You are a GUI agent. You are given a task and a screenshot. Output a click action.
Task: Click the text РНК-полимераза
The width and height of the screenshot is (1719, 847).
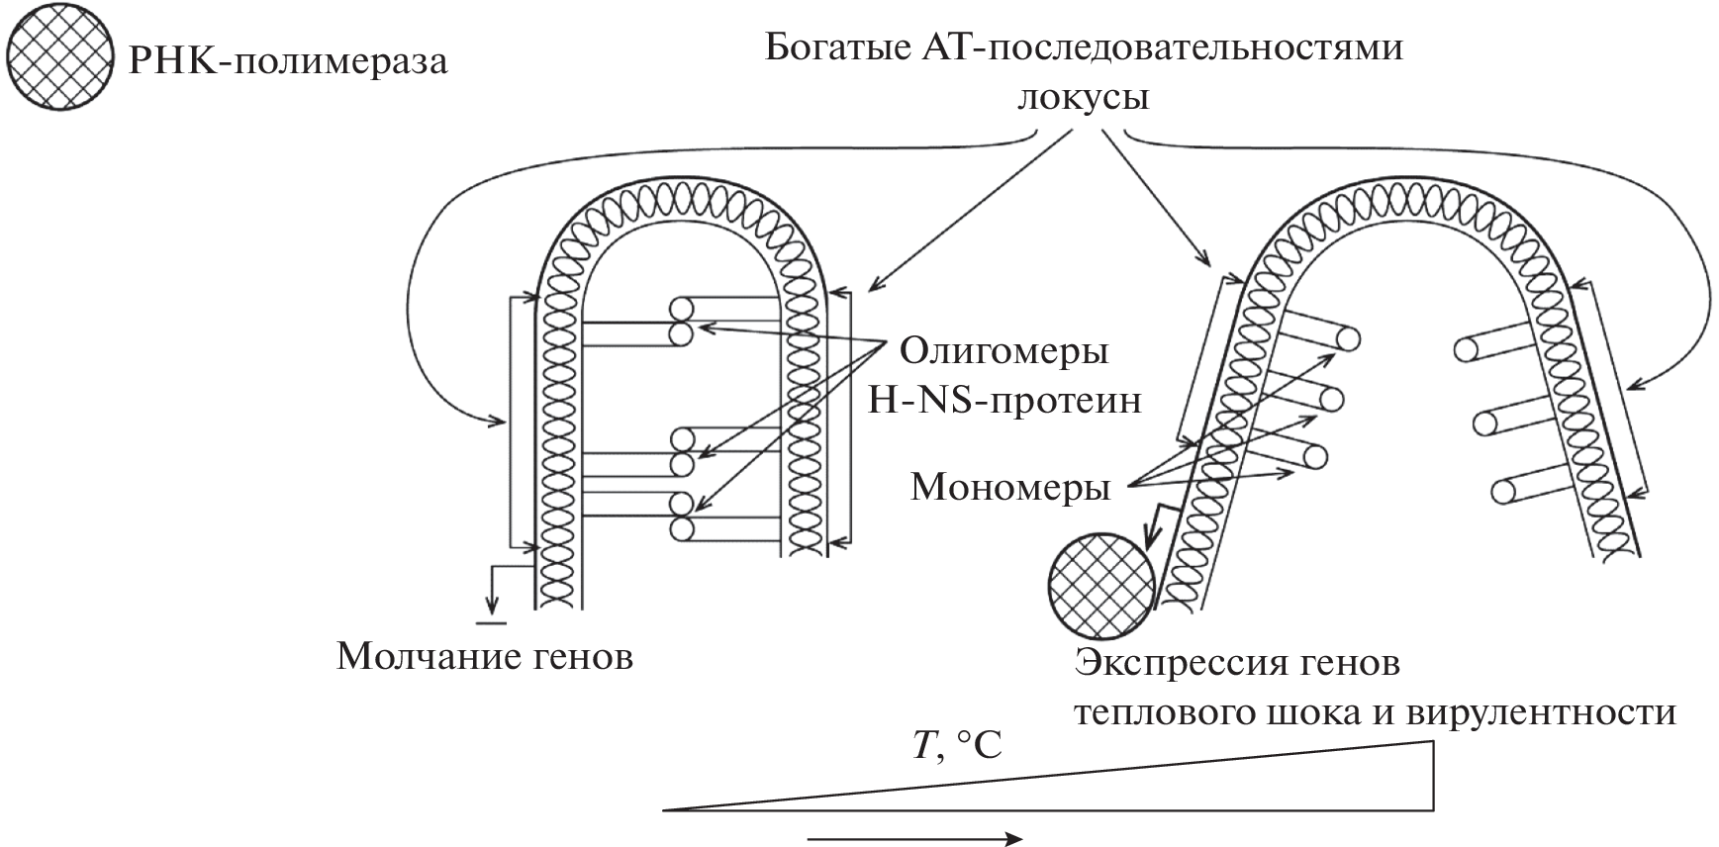(289, 62)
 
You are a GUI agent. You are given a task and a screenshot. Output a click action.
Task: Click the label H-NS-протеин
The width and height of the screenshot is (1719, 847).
(1003, 401)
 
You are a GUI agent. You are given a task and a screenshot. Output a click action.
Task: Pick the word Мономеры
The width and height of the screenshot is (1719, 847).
(1009, 487)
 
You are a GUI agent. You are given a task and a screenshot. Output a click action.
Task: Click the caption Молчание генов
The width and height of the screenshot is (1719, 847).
(484, 656)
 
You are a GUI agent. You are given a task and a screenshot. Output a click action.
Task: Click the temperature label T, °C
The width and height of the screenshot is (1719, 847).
(957, 745)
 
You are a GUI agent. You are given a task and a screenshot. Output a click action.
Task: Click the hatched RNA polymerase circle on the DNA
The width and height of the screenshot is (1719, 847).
(1101, 584)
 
